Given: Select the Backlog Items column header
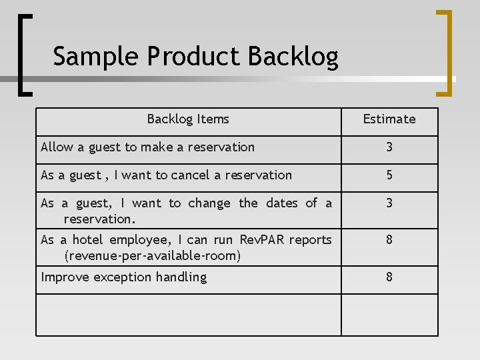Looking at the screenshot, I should [x=188, y=119].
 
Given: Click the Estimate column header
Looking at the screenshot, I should [x=389, y=119].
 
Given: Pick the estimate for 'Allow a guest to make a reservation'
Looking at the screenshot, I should [x=389, y=147].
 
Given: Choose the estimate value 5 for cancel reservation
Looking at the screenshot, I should [x=389, y=175].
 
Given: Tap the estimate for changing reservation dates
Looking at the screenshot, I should [x=389, y=203].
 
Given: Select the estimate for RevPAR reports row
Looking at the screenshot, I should [x=389, y=239].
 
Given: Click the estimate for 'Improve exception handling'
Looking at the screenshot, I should [x=389, y=277].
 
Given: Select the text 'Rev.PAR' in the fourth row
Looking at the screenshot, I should [x=262, y=240].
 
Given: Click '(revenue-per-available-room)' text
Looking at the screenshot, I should [x=152, y=255].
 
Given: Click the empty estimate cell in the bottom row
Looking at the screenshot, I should [x=389, y=315].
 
